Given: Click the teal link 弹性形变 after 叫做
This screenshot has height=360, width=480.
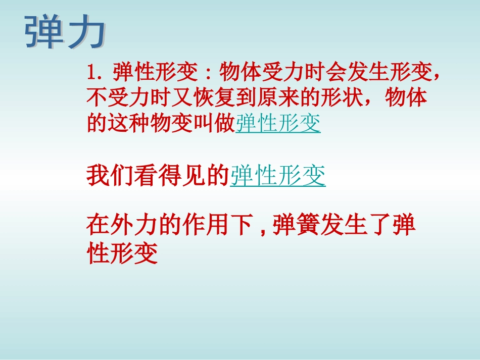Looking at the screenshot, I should tap(278, 123).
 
